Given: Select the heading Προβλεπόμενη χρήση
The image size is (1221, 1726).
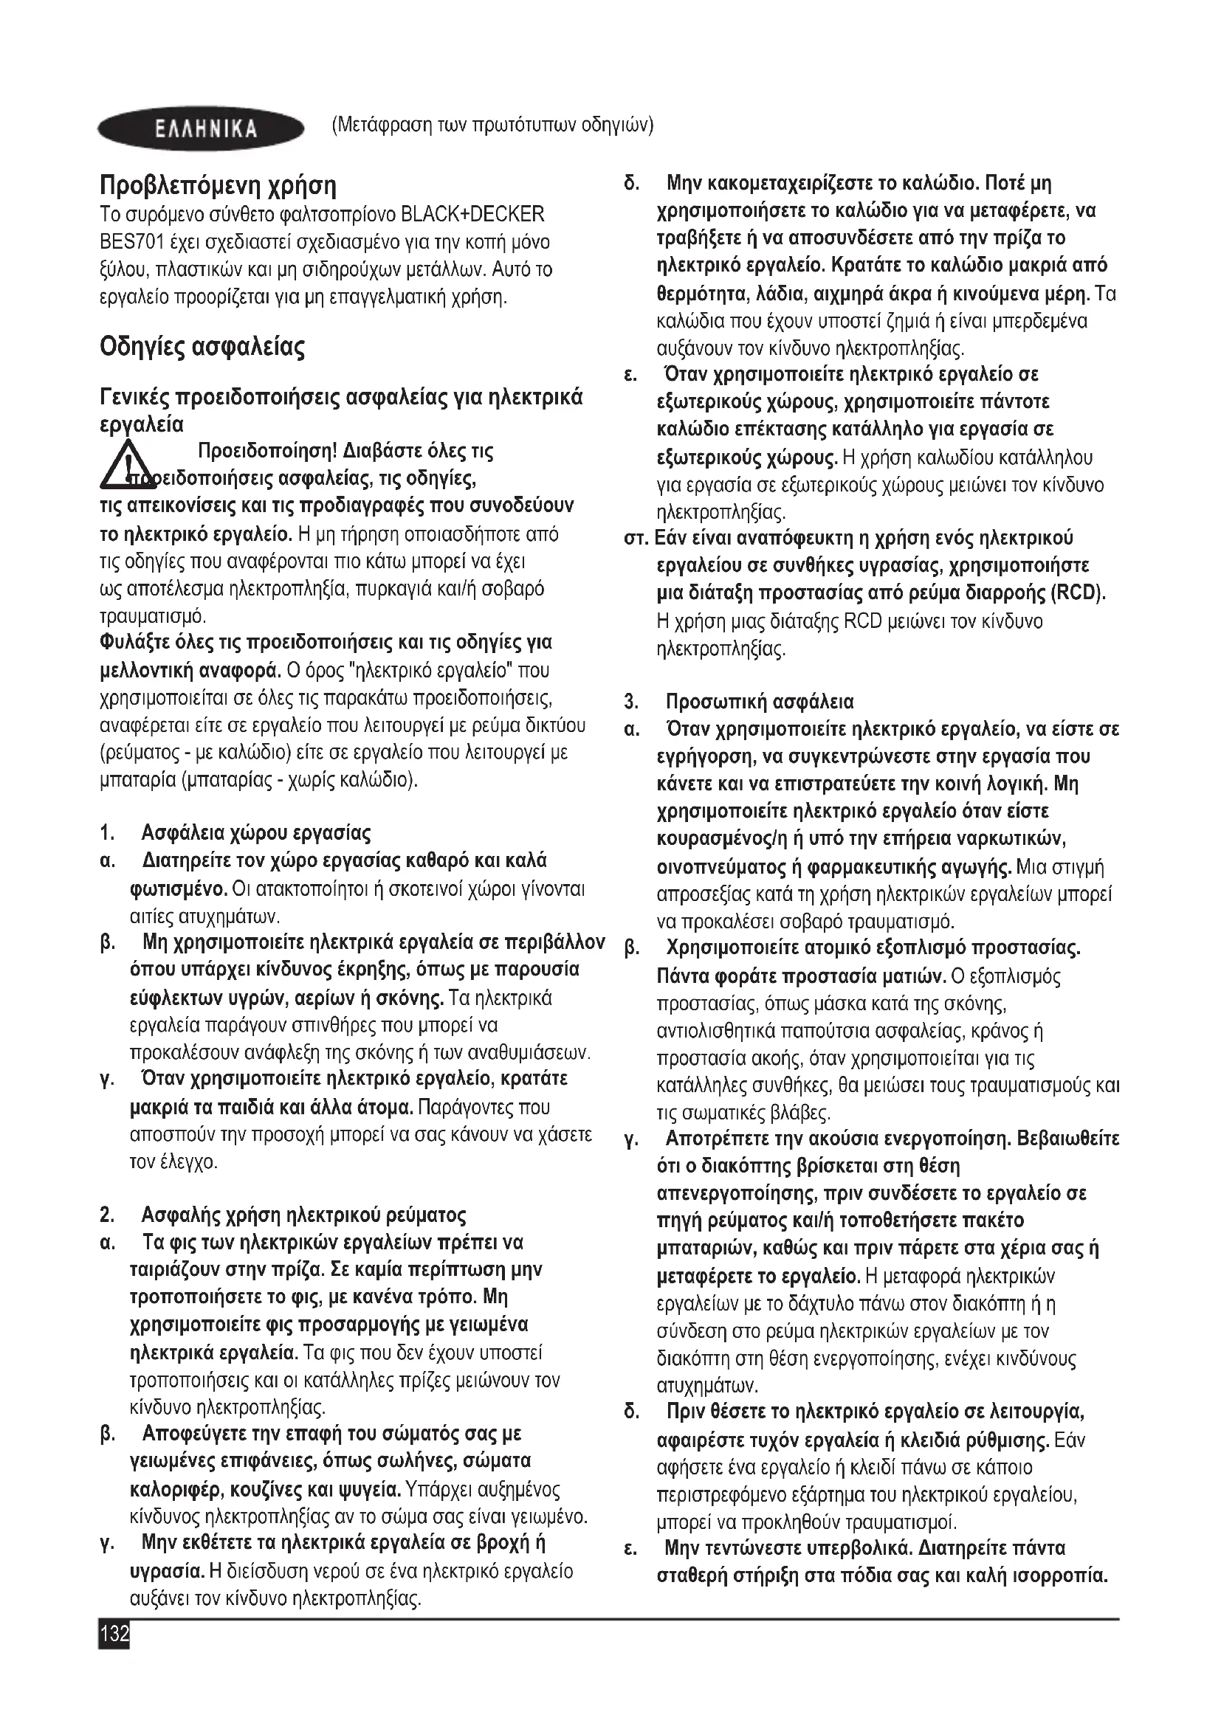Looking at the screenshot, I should click(218, 186).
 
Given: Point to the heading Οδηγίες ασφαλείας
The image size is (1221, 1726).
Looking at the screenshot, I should click(202, 348).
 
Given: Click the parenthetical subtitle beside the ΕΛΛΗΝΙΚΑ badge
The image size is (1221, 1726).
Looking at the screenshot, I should click(492, 125).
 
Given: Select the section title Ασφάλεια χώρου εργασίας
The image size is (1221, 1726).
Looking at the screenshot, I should click(256, 833).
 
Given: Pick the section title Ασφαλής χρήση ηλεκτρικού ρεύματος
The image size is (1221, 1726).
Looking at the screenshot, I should click(303, 1215).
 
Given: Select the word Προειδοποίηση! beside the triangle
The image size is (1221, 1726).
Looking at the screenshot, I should click(266, 452).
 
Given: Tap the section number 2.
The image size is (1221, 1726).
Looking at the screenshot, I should click(106, 1215).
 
